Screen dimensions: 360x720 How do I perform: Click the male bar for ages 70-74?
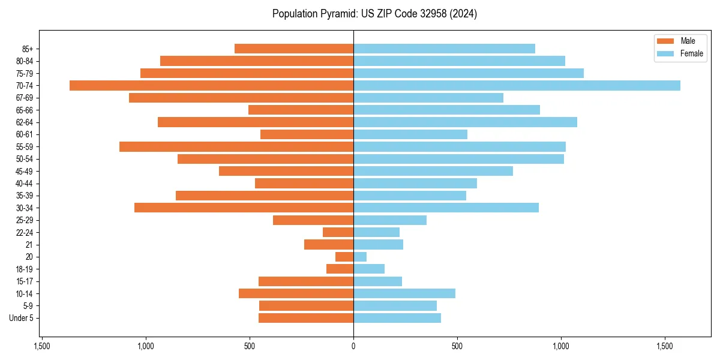pos(211,85)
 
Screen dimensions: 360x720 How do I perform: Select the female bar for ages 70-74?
pos(517,85)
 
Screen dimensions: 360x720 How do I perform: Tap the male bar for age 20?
pos(344,257)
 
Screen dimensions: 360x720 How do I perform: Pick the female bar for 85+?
pos(444,49)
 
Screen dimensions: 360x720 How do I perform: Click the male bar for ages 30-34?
pos(244,208)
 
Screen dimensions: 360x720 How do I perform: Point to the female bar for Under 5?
pos(397,318)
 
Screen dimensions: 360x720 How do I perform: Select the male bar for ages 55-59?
pos(236,146)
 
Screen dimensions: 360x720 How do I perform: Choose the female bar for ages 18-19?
pos(369,269)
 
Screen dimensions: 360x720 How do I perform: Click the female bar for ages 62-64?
pos(465,122)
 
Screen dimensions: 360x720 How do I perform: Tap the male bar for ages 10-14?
pos(296,293)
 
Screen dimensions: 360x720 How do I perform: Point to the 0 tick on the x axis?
pos(353,346)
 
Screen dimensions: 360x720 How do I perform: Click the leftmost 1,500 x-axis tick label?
pos(41,346)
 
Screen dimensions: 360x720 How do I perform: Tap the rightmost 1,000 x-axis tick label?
pos(561,346)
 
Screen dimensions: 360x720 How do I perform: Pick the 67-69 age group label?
pos(25,98)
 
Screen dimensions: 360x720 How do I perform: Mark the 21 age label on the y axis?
pos(29,245)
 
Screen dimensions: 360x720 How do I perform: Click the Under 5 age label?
pos(21,318)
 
